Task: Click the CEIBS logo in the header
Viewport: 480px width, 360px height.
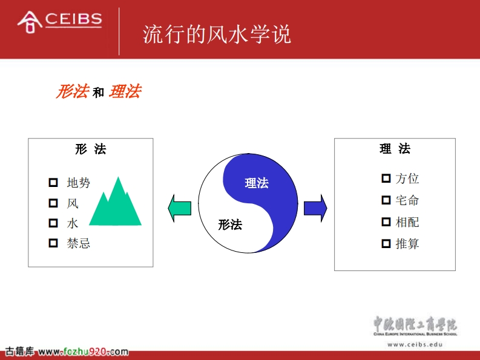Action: pos(60,22)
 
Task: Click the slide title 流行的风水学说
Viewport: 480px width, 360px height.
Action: pos(217,34)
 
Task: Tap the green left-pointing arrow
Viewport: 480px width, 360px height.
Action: pos(179,208)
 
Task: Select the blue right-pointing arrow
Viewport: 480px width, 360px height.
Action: pos(315,208)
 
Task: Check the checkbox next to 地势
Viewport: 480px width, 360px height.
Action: pos(53,183)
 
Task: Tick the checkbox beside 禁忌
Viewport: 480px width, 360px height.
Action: pos(53,243)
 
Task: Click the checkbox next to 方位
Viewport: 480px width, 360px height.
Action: pos(386,178)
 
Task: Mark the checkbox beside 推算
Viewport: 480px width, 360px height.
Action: pos(386,244)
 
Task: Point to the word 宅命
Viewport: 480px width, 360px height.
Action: pos(407,200)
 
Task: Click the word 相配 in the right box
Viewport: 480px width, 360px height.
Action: pos(407,222)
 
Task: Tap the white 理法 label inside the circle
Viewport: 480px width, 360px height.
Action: pos(257,183)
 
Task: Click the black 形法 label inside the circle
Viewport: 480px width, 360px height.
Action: pos(230,224)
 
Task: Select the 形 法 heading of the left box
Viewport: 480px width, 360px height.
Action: pos(91,149)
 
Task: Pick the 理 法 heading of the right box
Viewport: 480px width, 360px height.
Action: pos(395,149)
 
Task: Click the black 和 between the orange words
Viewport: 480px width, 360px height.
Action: pos(98,93)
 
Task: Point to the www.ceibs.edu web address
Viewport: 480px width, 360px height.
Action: pos(415,344)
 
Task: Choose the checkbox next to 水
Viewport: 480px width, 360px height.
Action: pos(53,223)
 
